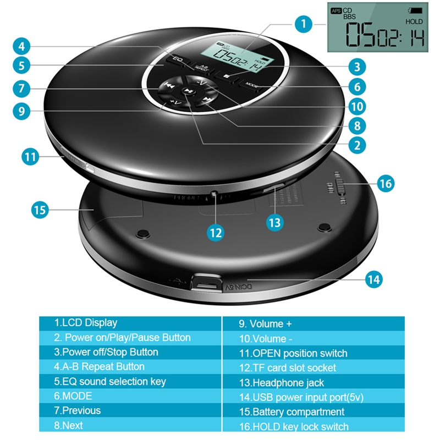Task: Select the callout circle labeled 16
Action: point(386,183)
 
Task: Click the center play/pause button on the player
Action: point(188,92)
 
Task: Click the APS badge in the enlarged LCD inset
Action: point(335,10)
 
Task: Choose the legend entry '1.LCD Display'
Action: point(86,323)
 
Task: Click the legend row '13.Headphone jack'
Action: point(288,382)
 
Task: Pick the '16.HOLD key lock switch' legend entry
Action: point(301,426)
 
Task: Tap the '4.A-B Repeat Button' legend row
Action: point(100,367)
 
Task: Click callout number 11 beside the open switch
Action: point(31,156)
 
